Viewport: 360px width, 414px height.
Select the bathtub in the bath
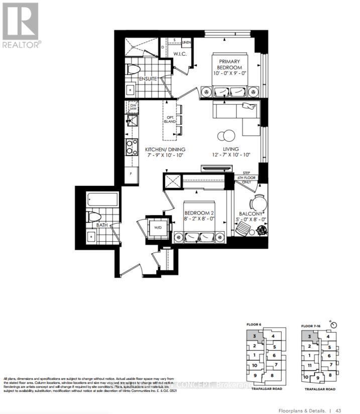pyautogui.click(x=103, y=200)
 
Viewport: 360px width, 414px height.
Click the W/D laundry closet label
pyautogui.click(x=158, y=228)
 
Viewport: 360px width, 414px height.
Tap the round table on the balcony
pyautogui.click(x=259, y=203)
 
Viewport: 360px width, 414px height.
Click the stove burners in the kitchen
pyautogui.click(x=132, y=147)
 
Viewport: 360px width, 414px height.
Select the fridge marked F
pyautogui.click(x=131, y=174)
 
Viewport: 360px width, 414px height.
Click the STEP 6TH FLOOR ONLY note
pyautogui.click(x=247, y=177)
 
